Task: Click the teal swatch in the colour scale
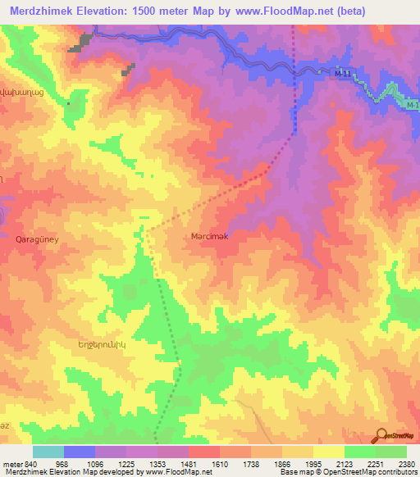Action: (x=48, y=452)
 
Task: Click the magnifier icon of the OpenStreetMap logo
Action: (x=380, y=436)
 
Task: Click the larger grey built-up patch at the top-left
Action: (x=81, y=43)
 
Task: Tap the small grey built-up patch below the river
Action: (x=128, y=71)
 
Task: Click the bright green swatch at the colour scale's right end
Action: (x=390, y=452)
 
